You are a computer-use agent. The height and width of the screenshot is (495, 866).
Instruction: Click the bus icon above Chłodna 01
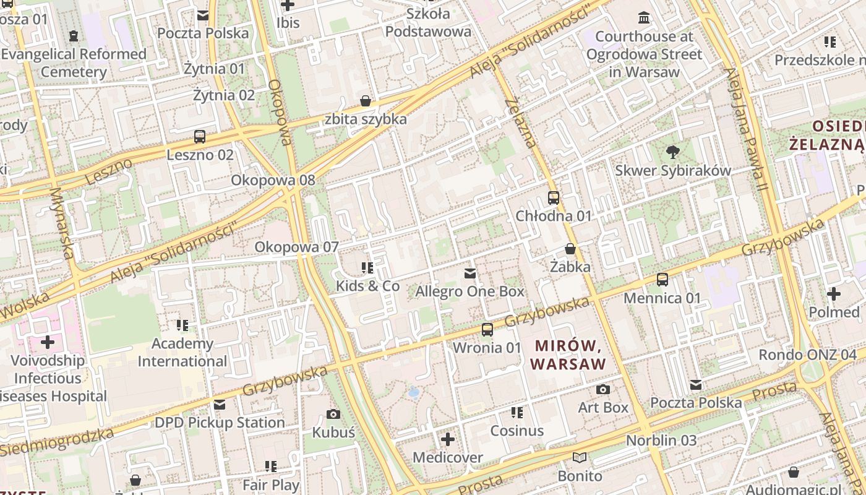[554, 198]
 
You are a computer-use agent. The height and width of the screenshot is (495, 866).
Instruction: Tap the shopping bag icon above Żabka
[570, 249]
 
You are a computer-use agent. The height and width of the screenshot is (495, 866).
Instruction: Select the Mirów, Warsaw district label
[568, 355]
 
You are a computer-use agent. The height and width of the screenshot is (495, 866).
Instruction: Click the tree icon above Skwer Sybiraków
[672, 152]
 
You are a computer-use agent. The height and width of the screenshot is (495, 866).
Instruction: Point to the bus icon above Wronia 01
[487, 329]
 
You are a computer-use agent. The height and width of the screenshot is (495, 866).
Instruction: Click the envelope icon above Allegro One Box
[470, 273]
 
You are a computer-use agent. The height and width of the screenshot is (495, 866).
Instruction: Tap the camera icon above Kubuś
[333, 414]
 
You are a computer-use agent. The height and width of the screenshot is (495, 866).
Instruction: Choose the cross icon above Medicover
[448, 440]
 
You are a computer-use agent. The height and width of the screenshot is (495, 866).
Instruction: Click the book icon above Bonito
[580, 458]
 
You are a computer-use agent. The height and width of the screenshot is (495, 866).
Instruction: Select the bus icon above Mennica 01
[662, 280]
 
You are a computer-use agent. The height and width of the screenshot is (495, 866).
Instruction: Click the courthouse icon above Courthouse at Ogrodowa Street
[644, 18]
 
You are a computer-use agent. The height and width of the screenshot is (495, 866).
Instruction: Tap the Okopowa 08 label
[273, 180]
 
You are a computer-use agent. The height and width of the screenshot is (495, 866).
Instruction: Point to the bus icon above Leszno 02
[200, 137]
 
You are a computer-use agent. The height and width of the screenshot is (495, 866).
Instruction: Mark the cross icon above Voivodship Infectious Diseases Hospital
[48, 342]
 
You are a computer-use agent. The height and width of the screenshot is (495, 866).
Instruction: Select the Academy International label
[182, 352]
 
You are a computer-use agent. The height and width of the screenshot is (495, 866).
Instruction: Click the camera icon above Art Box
[603, 389]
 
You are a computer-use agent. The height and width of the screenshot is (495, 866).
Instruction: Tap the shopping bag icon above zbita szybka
[366, 101]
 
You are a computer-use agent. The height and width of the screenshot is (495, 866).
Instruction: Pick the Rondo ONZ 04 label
[807, 355]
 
